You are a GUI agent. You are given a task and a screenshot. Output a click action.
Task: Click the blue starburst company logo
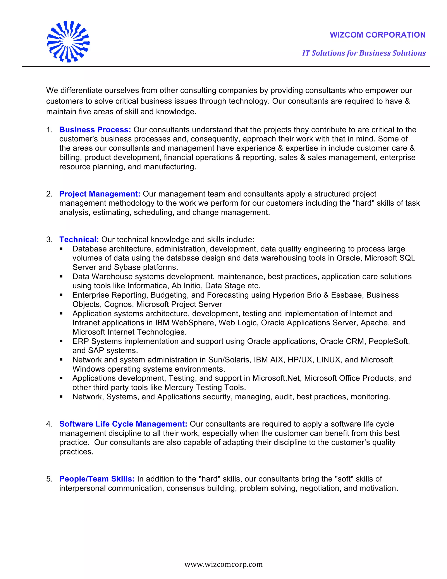(68, 42)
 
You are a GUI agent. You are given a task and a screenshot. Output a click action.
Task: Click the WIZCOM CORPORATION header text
(377, 35)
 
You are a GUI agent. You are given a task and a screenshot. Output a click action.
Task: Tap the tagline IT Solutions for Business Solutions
(364, 53)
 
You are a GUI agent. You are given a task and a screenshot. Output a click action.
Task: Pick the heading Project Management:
(100, 194)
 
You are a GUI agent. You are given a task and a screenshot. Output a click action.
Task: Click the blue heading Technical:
(79, 239)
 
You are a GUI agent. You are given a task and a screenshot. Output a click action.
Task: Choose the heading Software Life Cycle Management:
(123, 424)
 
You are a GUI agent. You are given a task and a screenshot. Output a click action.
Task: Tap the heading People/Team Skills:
(97, 479)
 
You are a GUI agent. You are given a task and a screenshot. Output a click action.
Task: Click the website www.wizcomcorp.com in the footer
(223, 564)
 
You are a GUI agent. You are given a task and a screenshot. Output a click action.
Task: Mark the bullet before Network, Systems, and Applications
(61, 397)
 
